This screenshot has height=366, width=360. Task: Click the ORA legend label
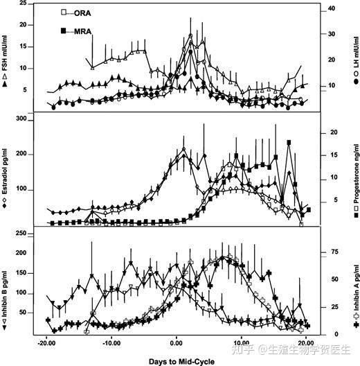click(82, 13)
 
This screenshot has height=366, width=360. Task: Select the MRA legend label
click(82, 31)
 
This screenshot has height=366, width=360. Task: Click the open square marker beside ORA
click(64, 12)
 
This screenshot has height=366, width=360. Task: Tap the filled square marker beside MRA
click(64, 31)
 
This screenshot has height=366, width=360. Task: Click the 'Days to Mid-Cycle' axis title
click(181, 362)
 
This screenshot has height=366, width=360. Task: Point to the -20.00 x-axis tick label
click(46, 343)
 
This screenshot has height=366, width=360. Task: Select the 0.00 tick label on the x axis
click(177, 343)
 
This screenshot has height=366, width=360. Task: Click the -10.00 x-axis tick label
click(111, 343)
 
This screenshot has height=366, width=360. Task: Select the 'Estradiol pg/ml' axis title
click(5, 172)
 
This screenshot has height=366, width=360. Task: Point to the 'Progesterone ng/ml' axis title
click(356, 173)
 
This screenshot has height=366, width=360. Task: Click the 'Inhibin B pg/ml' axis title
click(5, 295)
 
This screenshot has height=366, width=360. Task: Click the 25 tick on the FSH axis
click(23, 3)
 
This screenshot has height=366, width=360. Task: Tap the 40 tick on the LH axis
click(332, 8)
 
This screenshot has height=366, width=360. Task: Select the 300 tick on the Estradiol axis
click(21, 119)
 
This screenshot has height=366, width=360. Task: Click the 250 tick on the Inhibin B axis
click(21, 233)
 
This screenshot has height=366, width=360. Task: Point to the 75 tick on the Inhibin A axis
click(334, 252)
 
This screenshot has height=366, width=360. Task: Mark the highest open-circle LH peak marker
click(190, 36)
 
